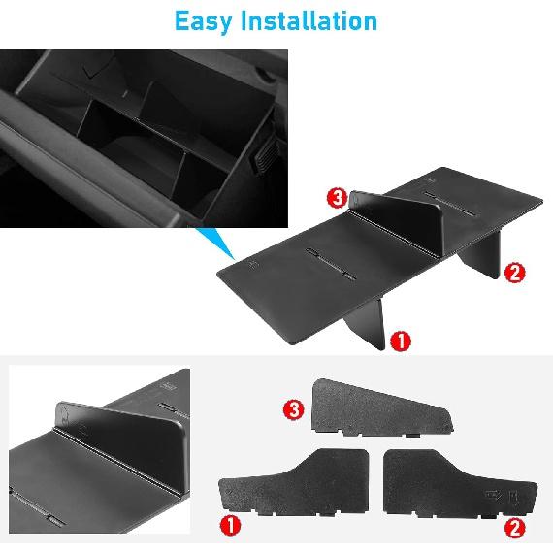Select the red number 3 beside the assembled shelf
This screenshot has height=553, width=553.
coord(336,198)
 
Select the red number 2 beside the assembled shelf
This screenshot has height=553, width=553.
coord(515,272)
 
